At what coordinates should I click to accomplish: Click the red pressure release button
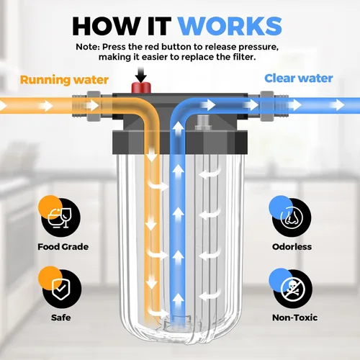[x=141, y=88]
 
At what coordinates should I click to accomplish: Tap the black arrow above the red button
[x=140, y=75]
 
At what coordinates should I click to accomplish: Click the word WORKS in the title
[x=230, y=27]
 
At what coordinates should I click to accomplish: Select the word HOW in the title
[x=107, y=27]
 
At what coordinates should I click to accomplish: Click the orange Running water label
[x=64, y=80]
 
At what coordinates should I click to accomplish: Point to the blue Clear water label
[x=299, y=78]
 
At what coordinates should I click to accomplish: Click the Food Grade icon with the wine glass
[x=60, y=216]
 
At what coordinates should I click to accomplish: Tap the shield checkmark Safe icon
[x=60, y=287]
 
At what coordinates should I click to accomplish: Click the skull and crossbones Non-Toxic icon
[x=291, y=288]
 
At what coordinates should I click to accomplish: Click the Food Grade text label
[x=63, y=247]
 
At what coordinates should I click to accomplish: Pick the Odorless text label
[x=292, y=247]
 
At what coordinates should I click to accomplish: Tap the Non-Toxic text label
[x=294, y=318]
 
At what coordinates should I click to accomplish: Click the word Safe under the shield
[x=61, y=318]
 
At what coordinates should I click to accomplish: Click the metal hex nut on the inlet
[x=94, y=106]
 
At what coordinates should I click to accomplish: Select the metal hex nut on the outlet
[x=267, y=106]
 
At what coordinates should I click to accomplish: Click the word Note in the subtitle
[x=87, y=47]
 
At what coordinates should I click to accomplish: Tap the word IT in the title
[x=159, y=27]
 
